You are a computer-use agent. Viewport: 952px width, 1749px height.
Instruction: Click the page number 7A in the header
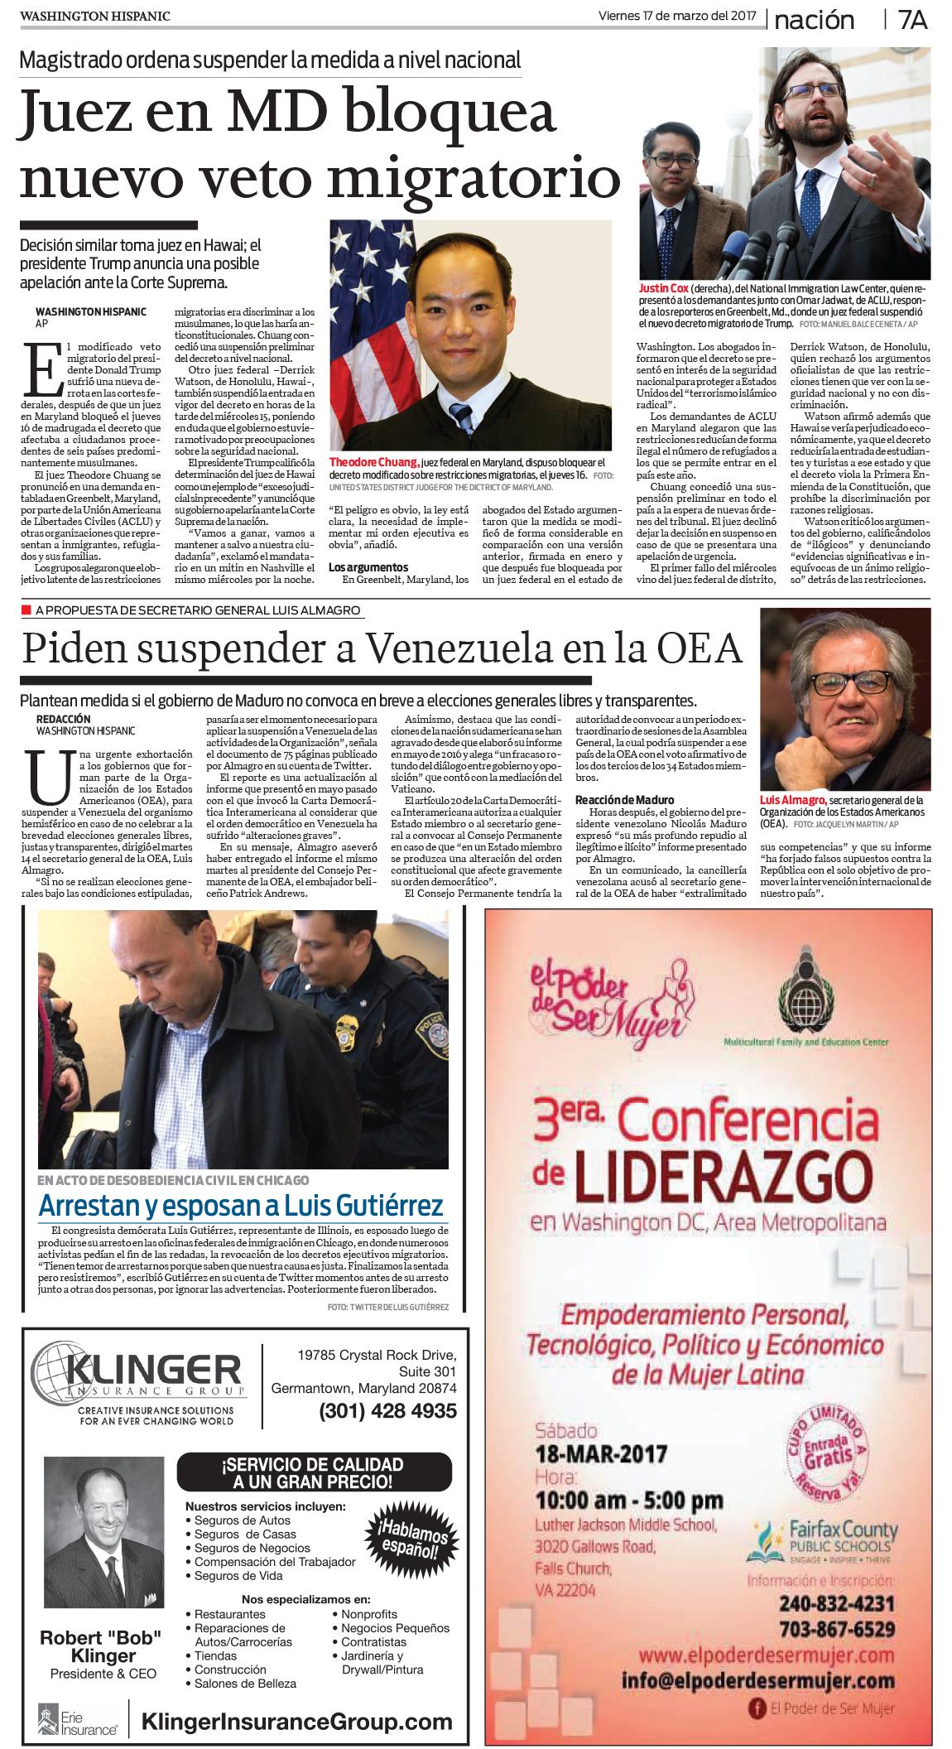912,20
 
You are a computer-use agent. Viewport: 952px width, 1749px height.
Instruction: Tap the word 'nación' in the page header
814,20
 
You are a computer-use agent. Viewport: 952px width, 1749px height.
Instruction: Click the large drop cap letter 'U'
49,778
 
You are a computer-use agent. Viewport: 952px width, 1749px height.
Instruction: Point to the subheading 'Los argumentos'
368,567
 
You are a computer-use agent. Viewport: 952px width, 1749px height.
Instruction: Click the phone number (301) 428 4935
387,1411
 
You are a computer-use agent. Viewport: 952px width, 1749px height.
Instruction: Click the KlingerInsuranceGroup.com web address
296,1722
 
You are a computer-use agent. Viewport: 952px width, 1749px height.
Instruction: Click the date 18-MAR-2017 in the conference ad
601,1453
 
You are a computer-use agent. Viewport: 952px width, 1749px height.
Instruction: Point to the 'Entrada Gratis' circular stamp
825,1455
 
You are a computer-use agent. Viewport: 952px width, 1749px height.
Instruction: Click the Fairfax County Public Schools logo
824,1540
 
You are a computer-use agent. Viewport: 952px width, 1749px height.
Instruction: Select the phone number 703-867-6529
837,1629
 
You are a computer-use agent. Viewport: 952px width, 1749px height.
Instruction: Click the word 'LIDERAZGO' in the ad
723,1175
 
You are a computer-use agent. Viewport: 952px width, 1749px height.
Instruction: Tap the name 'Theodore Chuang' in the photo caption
373,462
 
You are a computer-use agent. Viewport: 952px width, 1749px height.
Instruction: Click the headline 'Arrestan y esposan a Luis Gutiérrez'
241,1205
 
